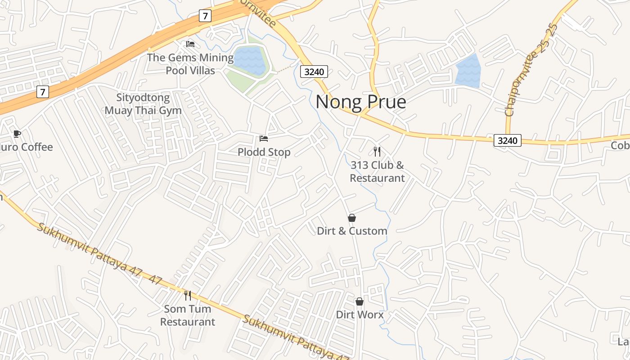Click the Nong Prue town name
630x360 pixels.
(360, 102)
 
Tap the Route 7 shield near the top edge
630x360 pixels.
(205, 16)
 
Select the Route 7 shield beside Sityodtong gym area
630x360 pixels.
(42, 92)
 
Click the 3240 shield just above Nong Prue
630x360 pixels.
(314, 71)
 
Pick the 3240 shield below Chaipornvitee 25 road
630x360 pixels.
(507, 140)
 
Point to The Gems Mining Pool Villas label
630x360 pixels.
(190, 64)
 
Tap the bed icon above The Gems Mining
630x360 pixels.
(190, 44)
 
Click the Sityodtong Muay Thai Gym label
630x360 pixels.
(143, 104)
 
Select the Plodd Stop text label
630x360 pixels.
(264, 152)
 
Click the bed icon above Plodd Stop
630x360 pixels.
(264, 138)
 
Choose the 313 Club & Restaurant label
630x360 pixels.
(377, 171)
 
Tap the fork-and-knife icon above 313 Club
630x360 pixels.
(377, 152)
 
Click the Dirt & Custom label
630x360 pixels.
(352, 231)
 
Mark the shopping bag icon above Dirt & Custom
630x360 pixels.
(352, 218)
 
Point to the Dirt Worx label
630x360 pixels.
(360, 315)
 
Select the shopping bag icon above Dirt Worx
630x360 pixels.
(360, 301)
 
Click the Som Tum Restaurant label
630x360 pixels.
(188, 315)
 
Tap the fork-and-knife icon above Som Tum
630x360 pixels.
(188, 296)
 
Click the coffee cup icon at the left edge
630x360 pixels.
(17, 134)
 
